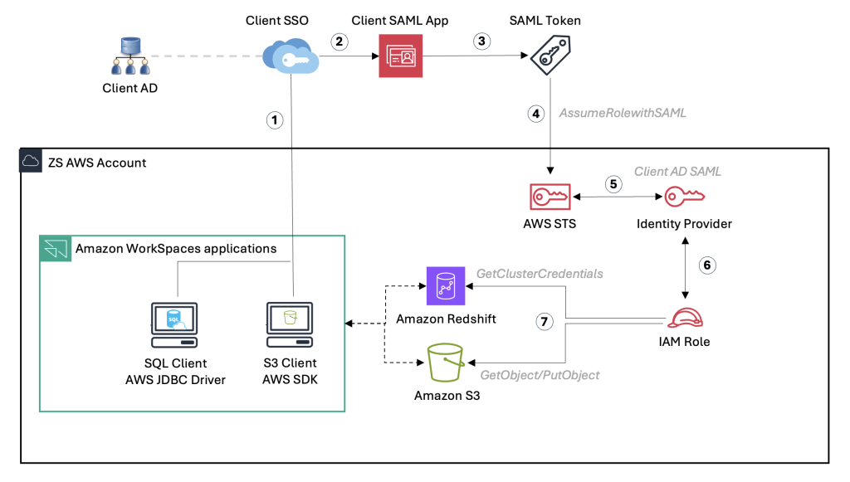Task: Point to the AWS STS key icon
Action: click(x=550, y=197)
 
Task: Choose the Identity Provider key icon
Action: click(x=684, y=197)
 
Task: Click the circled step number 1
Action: click(x=275, y=119)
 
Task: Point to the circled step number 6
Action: click(x=707, y=265)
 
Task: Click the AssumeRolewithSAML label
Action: click(x=623, y=114)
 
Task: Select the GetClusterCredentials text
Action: click(x=540, y=273)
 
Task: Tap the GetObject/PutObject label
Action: click(x=540, y=375)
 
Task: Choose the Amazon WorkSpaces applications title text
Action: click(x=175, y=248)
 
